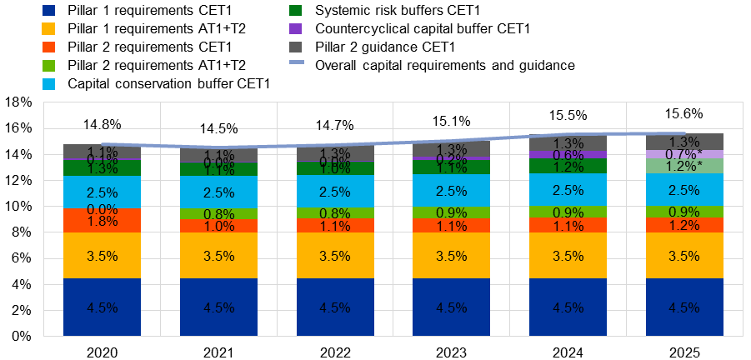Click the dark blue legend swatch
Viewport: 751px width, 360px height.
(48, 11)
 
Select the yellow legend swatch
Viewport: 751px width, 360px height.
(48, 29)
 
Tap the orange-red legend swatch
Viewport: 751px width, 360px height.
(48, 47)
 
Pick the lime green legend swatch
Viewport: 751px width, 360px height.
(48, 66)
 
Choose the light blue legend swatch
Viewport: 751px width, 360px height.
(48, 84)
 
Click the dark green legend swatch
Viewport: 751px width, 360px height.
(296, 11)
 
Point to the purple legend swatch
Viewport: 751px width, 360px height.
(296, 29)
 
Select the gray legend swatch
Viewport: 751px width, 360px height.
(296, 47)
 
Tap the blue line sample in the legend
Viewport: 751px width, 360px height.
(296, 62)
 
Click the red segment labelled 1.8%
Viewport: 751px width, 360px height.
(102, 221)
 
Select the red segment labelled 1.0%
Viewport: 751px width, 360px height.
(218, 227)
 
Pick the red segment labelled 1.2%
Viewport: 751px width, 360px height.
(684, 225)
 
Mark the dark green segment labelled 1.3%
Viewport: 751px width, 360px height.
(102, 168)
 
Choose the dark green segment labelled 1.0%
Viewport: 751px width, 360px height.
(335, 168)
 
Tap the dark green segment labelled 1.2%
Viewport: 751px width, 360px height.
(568, 166)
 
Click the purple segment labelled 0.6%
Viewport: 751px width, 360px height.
(568, 155)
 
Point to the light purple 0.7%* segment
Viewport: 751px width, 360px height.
(684, 154)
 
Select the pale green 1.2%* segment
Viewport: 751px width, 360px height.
(684, 166)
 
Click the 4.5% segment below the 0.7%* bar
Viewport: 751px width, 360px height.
(684, 307)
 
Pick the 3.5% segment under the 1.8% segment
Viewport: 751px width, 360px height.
(102, 256)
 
